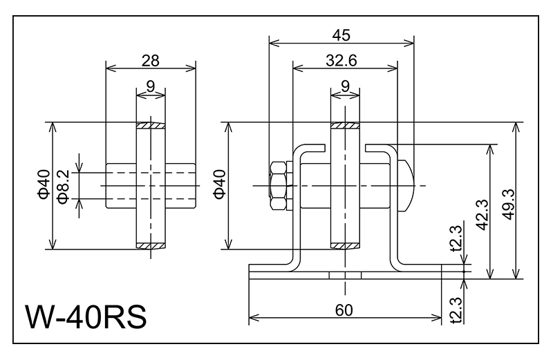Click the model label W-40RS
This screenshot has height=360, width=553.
click(86, 318)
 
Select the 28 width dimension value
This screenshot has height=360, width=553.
click(150, 60)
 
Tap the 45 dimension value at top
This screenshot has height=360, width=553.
click(341, 35)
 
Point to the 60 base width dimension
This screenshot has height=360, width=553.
click(344, 310)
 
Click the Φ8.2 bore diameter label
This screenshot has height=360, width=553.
click(64, 186)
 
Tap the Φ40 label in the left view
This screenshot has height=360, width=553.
click(43, 186)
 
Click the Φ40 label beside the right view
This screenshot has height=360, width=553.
click(218, 186)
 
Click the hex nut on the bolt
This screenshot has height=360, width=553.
click(278, 187)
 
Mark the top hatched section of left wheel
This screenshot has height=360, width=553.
click(151, 127)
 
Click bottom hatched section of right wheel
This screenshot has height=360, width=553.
click(345, 245)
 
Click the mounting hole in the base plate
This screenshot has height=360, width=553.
click(345, 274)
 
